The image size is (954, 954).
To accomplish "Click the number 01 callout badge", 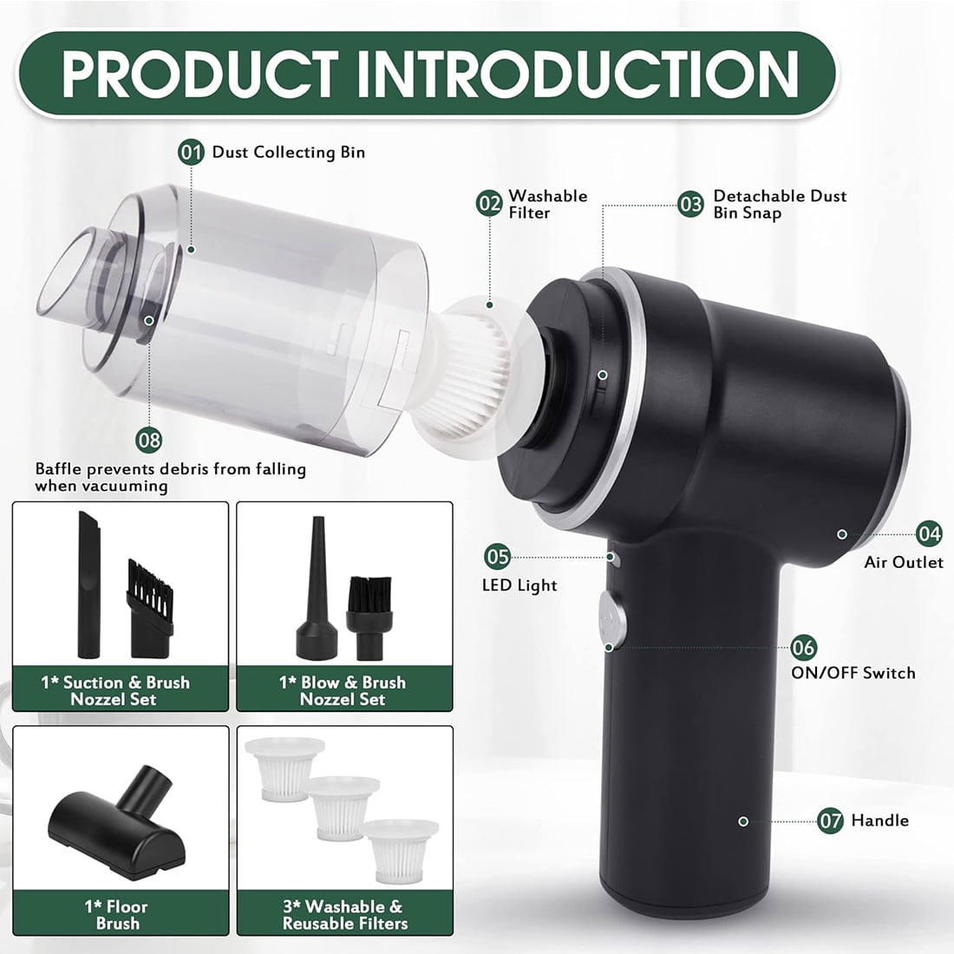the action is point(191,152).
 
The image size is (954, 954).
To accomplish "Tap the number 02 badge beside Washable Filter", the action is point(489,203).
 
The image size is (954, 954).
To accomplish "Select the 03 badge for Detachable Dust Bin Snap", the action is point(690,204).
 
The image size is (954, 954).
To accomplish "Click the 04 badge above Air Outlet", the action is point(929,533).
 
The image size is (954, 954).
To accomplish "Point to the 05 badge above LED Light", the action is point(497,556).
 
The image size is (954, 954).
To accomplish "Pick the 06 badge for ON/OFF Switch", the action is point(804,647).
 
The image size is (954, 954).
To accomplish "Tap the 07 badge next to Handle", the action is point(831,820).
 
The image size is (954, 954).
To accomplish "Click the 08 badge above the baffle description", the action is point(149,440).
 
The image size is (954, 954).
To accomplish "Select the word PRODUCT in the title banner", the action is point(199,74).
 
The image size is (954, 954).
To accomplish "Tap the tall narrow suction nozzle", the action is point(88,585).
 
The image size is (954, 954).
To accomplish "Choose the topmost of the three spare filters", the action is point(284,768).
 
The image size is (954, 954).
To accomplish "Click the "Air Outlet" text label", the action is point(904,562).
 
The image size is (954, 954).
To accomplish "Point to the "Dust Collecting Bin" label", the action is point(289,152).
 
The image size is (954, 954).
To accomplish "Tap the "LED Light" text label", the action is point(519,585).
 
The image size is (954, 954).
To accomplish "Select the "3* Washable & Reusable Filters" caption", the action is point(345,914).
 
